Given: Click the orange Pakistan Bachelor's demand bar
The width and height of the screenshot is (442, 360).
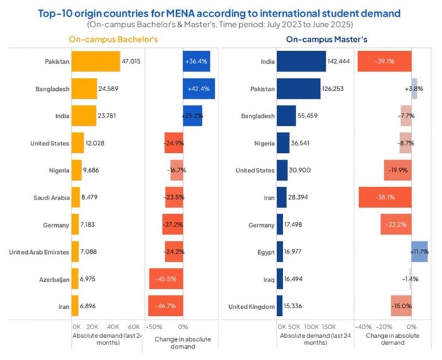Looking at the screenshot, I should (95, 61).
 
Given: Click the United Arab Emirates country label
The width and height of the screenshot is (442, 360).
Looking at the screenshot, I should (39, 252).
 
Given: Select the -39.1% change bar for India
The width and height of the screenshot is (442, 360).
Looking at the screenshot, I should (385, 61).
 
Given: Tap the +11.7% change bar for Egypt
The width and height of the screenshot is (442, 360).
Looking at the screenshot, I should (420, 252).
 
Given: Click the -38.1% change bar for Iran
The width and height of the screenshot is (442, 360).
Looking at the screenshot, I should (385, 197).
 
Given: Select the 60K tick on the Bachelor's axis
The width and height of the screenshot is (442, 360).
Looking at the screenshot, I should (133, 327).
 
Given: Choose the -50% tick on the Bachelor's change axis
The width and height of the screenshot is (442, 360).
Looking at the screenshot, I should (154, 327).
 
